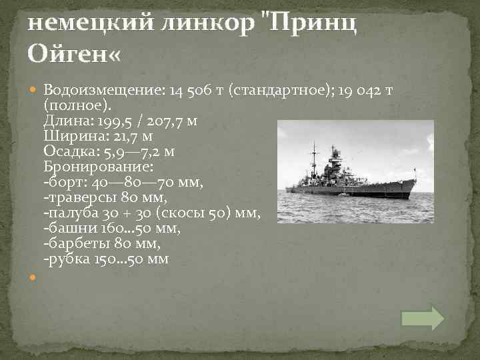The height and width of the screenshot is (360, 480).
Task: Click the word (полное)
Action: pyautogui.click(x=78, y=105)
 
